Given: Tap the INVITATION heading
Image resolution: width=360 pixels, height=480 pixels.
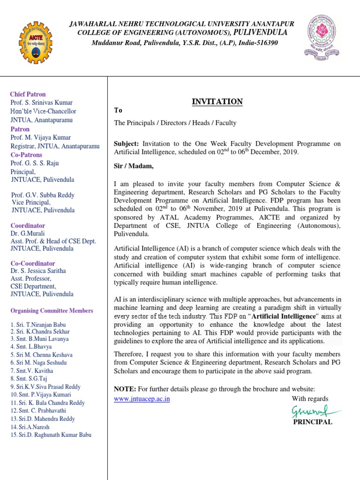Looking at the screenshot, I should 217,102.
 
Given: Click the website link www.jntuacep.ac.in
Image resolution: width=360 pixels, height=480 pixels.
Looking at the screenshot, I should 142,399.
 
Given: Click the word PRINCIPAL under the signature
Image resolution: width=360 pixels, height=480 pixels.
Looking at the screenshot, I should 313,422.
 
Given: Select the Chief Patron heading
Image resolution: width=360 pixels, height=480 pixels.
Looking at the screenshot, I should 28,94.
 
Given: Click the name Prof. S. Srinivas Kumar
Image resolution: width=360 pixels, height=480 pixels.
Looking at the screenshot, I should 42,103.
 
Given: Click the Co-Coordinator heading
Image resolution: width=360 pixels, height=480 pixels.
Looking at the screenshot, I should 32,263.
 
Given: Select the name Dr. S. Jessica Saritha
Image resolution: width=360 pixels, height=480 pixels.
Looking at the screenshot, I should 38,271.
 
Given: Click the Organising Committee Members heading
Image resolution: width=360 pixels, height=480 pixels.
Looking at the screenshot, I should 52,311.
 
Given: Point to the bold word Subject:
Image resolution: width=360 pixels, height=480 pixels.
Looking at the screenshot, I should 127,143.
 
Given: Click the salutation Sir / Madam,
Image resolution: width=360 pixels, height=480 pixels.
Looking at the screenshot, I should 134,166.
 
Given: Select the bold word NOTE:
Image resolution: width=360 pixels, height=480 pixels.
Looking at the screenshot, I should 125,389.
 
